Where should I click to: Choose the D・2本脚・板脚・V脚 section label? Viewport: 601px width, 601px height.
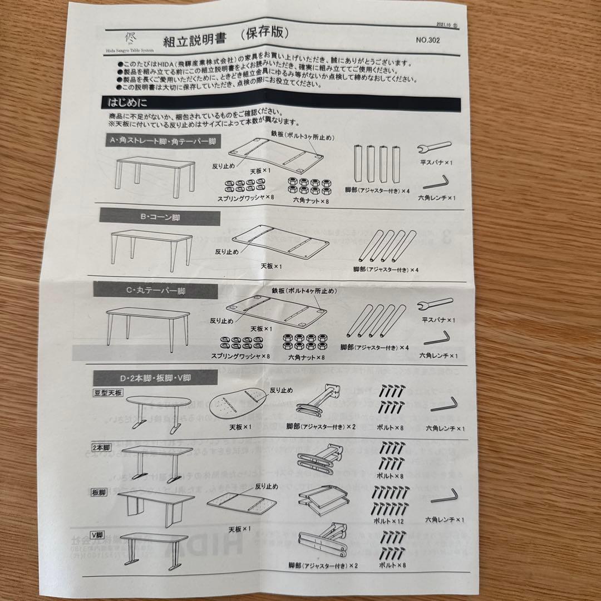click(148, 378)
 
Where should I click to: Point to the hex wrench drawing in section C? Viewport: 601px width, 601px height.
click(437, 338)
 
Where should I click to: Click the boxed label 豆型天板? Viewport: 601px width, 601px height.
click(107, 393)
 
